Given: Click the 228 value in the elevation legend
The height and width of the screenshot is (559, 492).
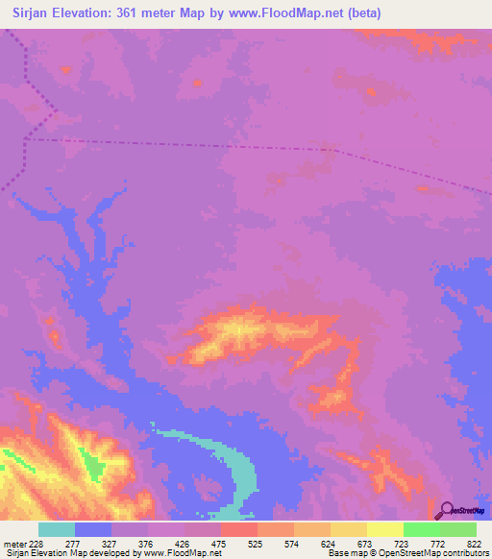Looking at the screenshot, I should click(x=36, y=543).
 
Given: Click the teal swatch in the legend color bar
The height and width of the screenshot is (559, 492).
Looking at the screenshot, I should click(x=57, y=529).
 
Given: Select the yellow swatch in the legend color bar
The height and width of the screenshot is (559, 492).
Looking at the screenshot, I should click(x=385, y=529).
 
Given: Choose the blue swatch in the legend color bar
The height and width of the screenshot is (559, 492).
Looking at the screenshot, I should click(x=93, y=529).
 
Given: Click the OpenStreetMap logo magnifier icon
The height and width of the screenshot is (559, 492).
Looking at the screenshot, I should click(x=447, y=509).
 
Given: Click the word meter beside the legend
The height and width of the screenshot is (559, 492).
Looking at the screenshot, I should click(x=14, y=543).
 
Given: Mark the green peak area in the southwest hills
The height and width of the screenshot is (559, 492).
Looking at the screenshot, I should click(x=94, y=467).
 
